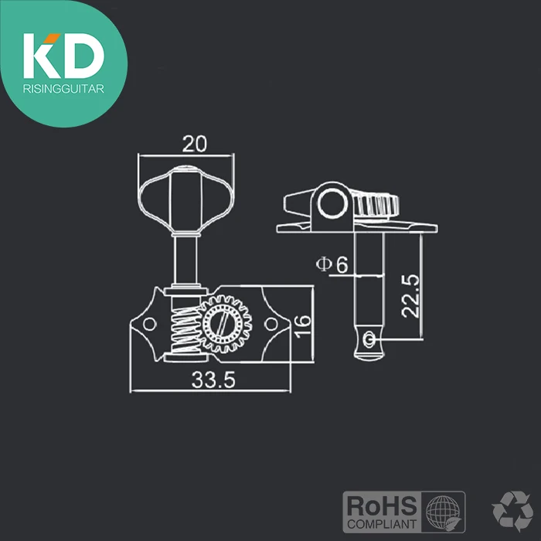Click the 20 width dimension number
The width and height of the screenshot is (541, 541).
click(195, 144)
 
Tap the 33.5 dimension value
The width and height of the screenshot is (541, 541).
click(213, 380)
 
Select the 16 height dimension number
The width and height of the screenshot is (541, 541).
click(303, 326)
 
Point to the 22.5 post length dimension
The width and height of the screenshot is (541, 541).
click(410, 296)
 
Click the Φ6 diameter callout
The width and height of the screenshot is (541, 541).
click(332, 264)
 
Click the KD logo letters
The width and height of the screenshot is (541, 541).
click(64, 56)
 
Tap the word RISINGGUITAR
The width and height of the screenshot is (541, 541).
click(63, 89)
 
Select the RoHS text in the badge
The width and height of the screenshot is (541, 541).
click(382, 506)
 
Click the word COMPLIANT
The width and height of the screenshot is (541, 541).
click(382, 525)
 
